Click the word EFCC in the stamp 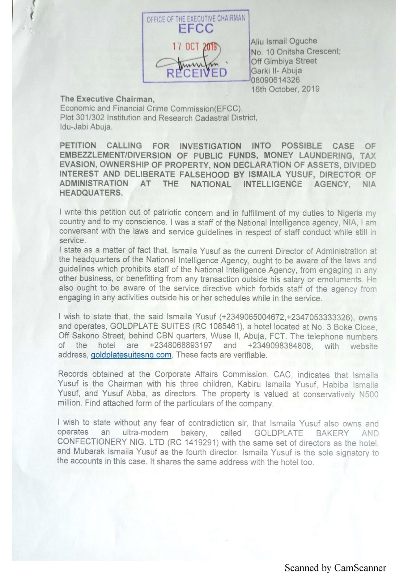coord(196,28)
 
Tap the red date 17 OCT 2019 coord(195,47)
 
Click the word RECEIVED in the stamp coord(197,73)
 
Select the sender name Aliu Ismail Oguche coord(284,41)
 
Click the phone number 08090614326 coord(275,80)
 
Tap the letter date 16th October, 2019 coord(285,89)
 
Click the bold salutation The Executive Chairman coord(107,99)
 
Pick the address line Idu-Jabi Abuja coord(86,127)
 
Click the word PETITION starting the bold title coord(78,145)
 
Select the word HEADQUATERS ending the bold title coord(91,193)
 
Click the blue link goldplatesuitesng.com coord(131,355)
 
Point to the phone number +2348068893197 coord(181,345)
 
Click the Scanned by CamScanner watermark coord(335,568)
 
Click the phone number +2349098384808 coord(279,345)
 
